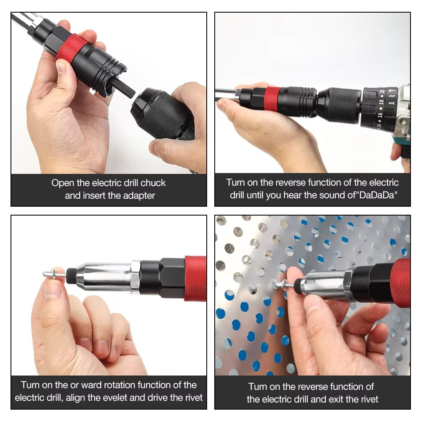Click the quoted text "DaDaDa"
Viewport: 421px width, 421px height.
pyautogui.click(x=377, y=196)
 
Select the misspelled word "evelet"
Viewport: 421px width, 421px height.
pyautogui.click(x=132, y=397)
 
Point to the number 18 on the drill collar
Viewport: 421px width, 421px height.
pyautogui.click(x=381, y=103)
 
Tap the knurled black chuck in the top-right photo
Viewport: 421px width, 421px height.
pyautogui.click(x=339, y=105)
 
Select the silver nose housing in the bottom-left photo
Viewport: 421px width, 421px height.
pyautogui.click(x=103, y=276)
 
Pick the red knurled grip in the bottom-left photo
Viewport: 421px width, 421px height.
pyautogui.click(x=195, y=278)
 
